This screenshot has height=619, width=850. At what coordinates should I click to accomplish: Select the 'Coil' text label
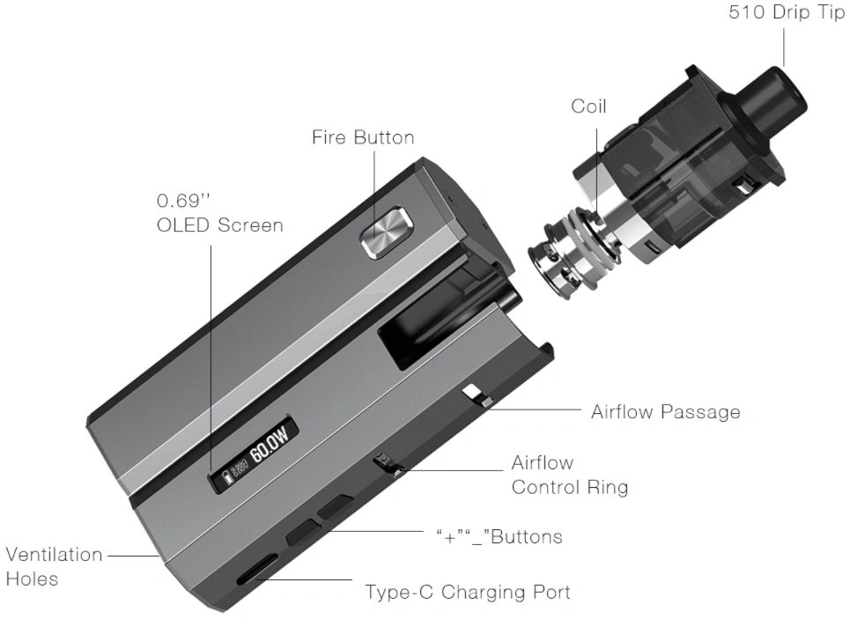click(588, 107)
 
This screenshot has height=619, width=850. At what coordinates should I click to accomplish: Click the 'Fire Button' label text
click(363, 138)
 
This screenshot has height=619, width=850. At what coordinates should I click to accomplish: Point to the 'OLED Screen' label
click(219, 225)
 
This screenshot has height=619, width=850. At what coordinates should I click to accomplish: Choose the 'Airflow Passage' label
click(665, 411)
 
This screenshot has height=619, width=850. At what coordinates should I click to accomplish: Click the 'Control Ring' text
click(569, 487)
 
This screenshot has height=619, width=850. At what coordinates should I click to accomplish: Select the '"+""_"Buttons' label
click(499, 536)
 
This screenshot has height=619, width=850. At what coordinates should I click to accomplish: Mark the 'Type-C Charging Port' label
click(467, 592)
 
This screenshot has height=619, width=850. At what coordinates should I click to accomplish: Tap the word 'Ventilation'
click(53, 556)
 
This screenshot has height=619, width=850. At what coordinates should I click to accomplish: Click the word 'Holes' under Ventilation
click(32, 579)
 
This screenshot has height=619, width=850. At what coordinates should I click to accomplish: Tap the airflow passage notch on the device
click(477, 394)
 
